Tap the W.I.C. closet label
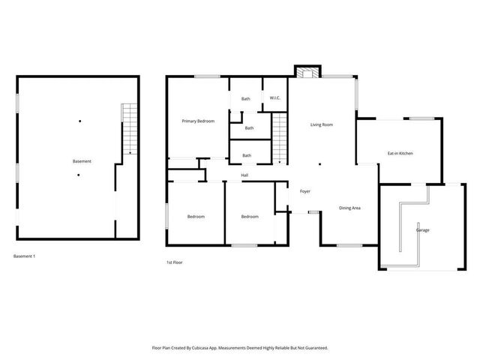tap(275, 99)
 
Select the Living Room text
tap(322, 124)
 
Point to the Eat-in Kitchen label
tap(400, 153)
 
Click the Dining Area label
tap(350, 208)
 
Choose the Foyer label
tap(305, 191)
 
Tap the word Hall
tap(244, 175)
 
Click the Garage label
tap(423, 229)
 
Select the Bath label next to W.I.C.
tap(245, 99)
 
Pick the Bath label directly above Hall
tap(246, 155)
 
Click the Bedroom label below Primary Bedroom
tap(196, 217)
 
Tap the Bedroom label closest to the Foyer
tap(250, 217)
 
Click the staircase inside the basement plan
tap(130, 129)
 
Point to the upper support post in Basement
tap(79, 121)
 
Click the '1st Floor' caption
tap(174, 262)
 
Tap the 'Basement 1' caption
tap(25, 256)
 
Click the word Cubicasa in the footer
tap(198, 348)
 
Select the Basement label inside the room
tap(82, 161)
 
